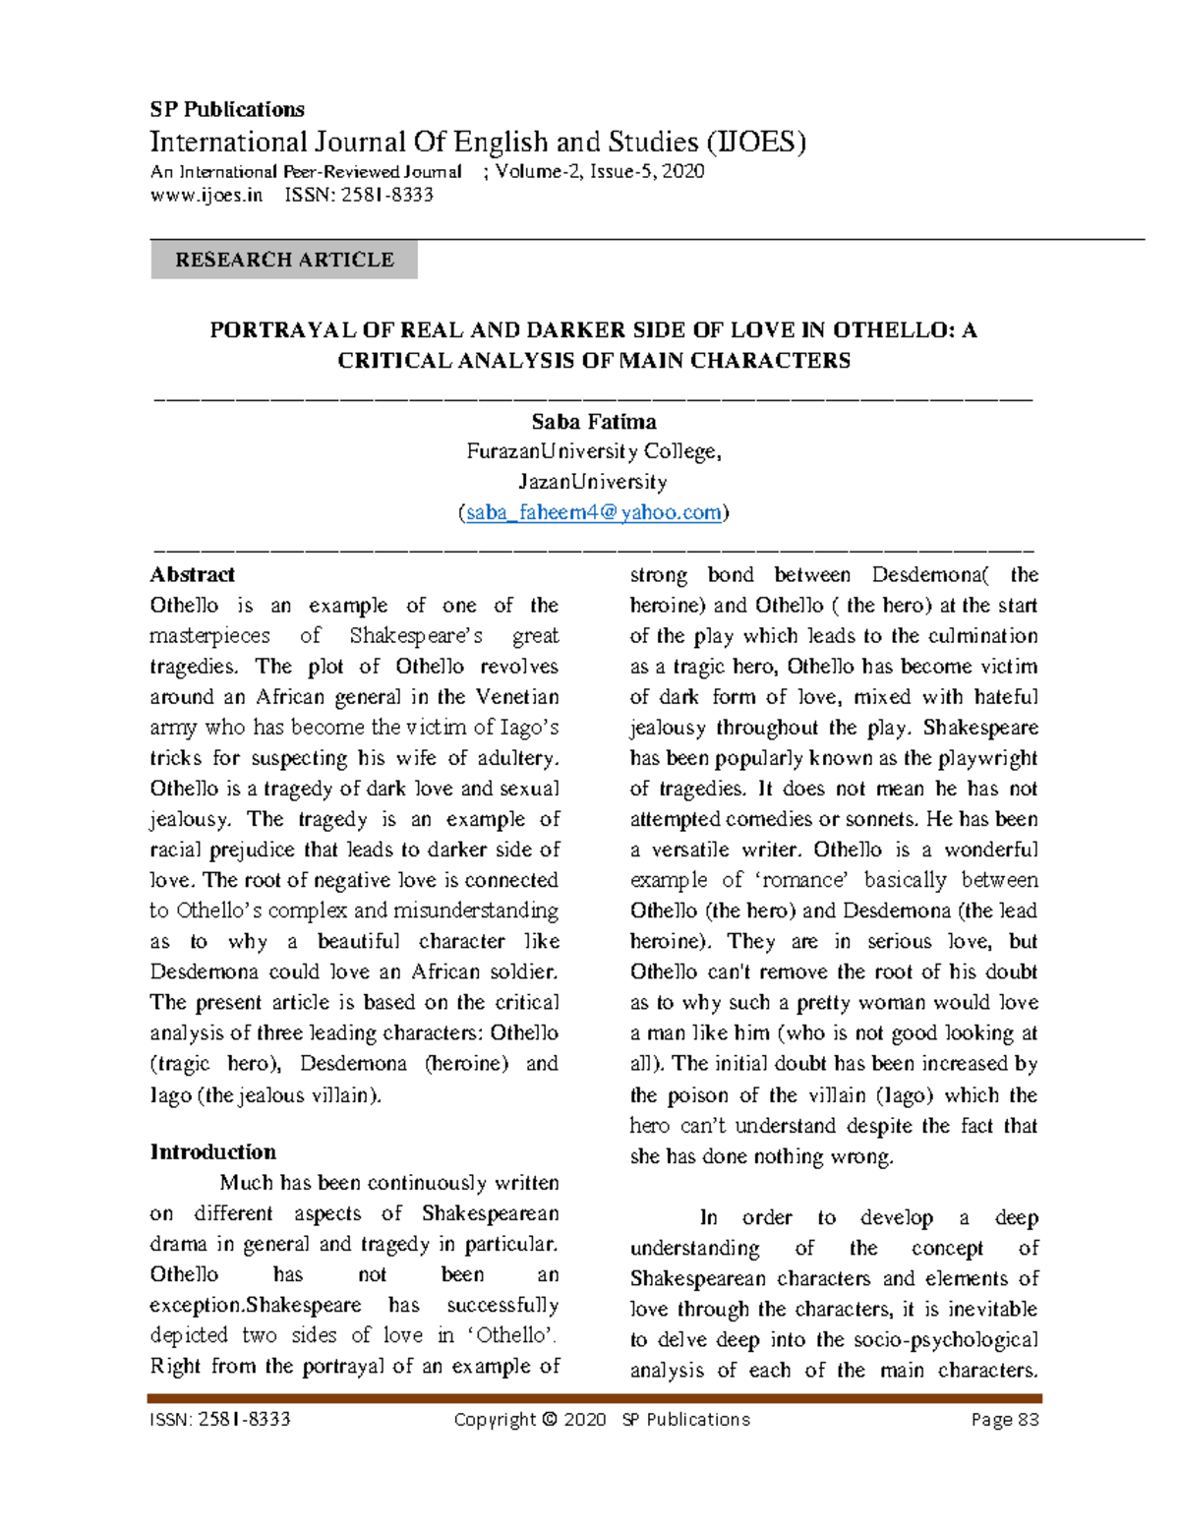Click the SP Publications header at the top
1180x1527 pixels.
coord(226,109)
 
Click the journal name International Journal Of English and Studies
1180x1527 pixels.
coord(477,143)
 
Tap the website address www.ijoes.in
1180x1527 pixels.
coord(206,195)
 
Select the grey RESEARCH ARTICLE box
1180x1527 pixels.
coord(284,260)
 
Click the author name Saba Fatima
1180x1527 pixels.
coord(594,422)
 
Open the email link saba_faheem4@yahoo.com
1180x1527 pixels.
coord(594,512)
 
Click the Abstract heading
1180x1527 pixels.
coord(192,575)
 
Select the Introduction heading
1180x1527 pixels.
coord(212,1152)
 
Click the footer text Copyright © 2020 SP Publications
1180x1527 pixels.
coord(601,1419)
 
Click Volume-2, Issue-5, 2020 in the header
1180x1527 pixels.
coord(600,171)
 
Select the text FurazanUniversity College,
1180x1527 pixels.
coord(594,452)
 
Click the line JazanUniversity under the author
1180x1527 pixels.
coord(594,483)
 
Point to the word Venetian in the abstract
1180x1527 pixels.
coord(517,697)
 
